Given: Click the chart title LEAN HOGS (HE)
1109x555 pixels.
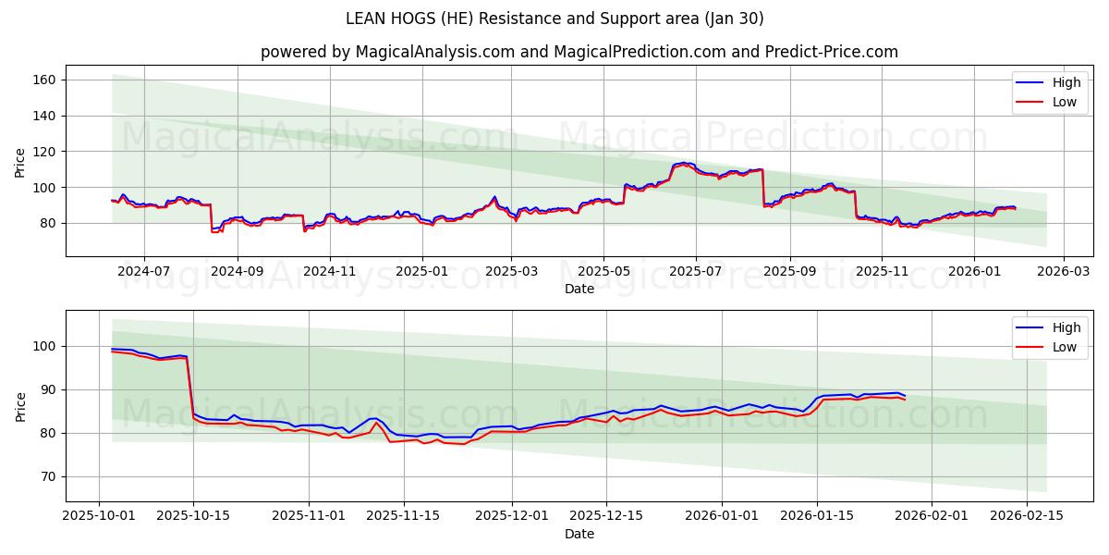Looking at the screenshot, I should click(x=554, y=18).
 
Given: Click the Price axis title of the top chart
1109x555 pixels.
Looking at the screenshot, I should click(x=20, y=162).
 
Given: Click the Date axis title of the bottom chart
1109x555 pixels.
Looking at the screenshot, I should click(x=579, y=534).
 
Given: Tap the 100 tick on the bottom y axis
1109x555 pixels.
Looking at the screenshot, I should click(x=45, y=346).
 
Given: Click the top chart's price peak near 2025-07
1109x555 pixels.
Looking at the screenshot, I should click(x=684, y=163).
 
